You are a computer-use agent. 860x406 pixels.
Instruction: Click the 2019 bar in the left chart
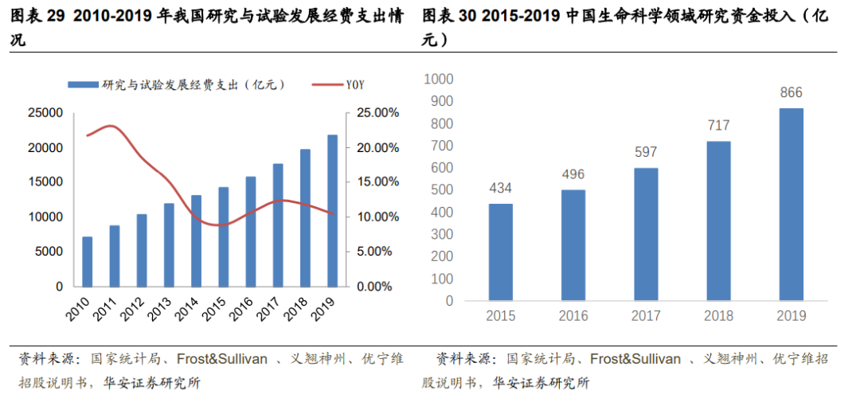pyautogui.click(x=332, y=210)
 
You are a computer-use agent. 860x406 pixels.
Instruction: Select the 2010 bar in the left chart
pyautogui.click(x=87, y=261)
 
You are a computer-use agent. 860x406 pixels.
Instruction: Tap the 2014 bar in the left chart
pyautogui.click(x=196, y=240)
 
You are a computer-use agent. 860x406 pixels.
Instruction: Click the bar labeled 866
pyautogui.click(x=791, y=205)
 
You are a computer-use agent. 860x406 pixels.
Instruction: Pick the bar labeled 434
pyautogui.click(x=500, y=252)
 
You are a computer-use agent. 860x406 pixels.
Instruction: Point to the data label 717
pyautogui.click(x=717, y=126)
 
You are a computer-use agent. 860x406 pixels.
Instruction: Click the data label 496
pyautogui.click(x=573, y=174)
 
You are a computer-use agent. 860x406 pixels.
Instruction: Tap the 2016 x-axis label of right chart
pyautogui.click(x=573, y=316)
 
